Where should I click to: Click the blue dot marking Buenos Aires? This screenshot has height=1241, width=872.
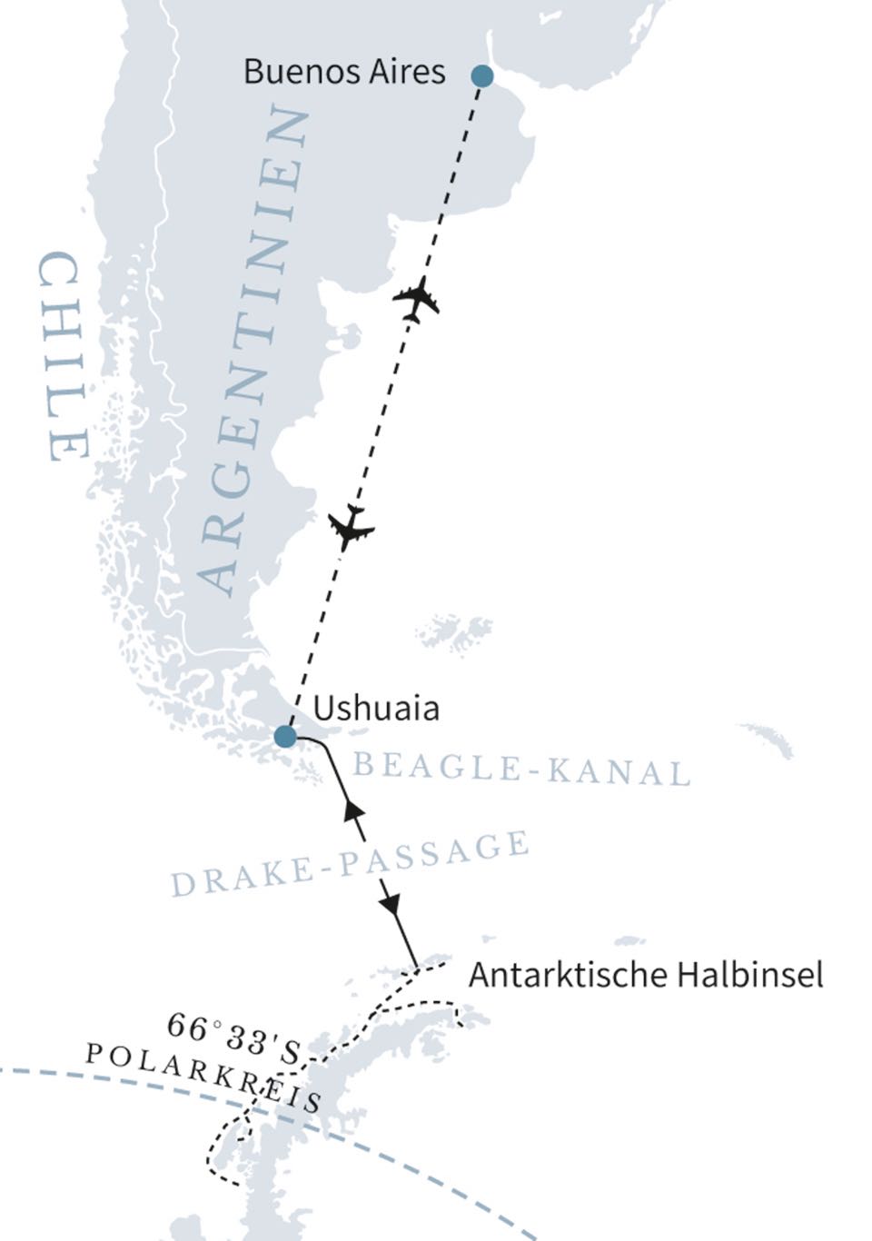(x=482, y=76)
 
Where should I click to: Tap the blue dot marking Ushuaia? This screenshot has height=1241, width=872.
(x=285, y=736)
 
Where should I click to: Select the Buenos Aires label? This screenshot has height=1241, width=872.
(x=344, y=72)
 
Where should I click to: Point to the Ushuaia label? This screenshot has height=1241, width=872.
(x=376, y=709)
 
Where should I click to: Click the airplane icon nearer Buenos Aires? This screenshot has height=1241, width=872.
(x=417, y=298)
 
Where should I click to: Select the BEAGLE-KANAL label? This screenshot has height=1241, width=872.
(x=521, y=769)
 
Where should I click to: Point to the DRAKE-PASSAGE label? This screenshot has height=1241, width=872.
(x=351, y=864)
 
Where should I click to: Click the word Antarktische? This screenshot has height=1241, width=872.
(x=567, y=976)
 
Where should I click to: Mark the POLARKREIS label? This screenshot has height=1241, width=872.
(x=203, y=1077)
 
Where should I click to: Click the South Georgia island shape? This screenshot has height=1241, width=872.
(x=768, y=740)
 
